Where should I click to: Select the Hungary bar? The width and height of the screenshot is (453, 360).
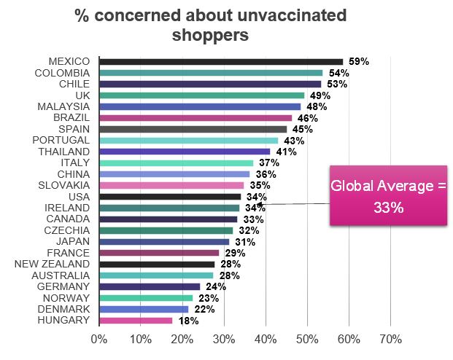point(136,320)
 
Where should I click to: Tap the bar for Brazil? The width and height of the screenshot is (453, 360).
point(195,117)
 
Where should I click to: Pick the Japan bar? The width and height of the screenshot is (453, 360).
point(164,242)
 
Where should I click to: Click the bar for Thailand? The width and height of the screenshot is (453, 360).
point(185,152)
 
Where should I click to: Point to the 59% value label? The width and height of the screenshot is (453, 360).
point(357,61)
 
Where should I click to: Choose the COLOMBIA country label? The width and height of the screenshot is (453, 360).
point(62,73)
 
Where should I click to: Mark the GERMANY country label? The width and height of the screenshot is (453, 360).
point(65,286)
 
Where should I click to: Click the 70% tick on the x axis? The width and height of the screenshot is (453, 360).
point(390,339)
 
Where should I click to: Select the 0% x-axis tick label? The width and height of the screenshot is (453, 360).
point(98,339)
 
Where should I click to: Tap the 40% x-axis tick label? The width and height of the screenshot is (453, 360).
point(266,339)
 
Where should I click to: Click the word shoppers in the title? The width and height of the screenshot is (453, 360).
point(210,34)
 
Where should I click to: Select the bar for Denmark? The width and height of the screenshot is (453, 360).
point(144,309)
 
